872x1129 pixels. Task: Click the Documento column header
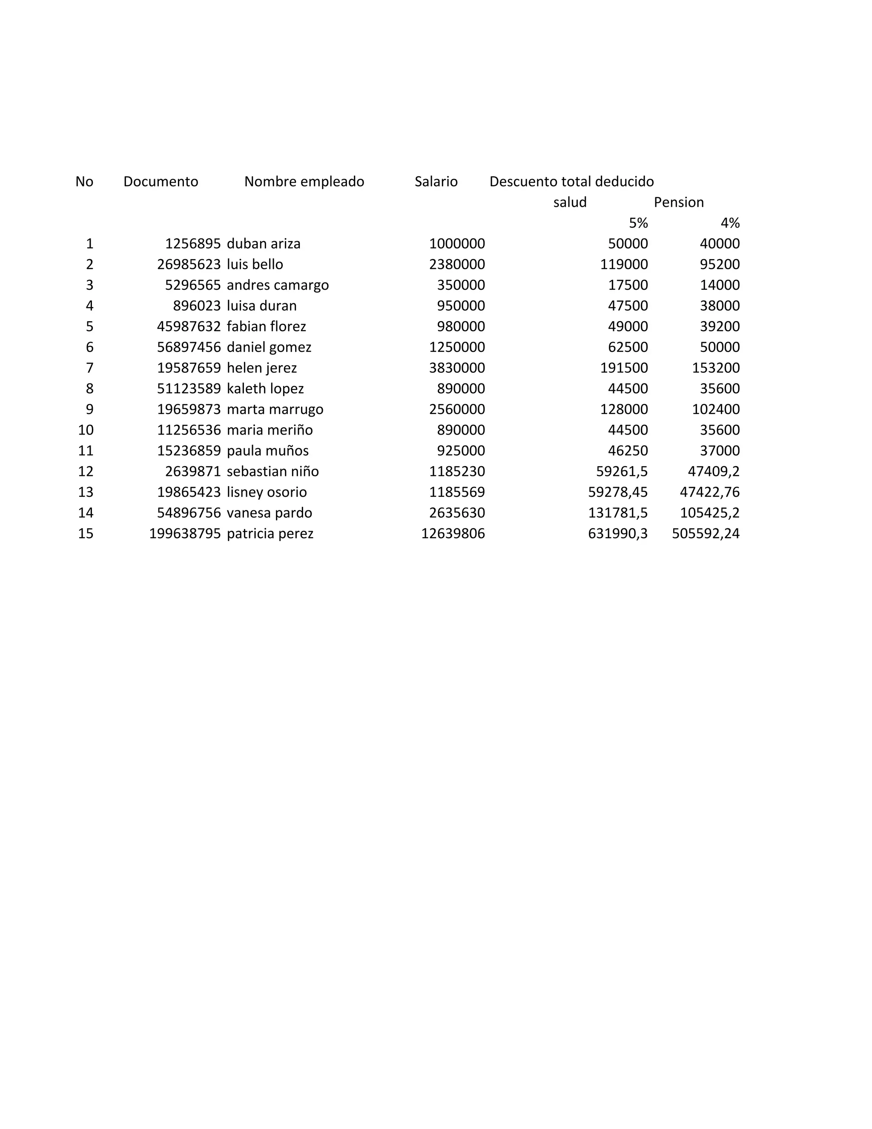click(161, 181)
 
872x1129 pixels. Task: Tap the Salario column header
click(436, 181)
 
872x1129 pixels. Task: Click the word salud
click(570, 202)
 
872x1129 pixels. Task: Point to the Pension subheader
click(678, 202)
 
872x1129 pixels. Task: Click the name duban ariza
click(264, 243)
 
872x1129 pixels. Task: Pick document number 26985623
click(189, 264)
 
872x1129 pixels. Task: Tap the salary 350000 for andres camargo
click(461, 285)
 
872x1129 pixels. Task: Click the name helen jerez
click(261, 368)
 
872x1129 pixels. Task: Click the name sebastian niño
click(273, 471)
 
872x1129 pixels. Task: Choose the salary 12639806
click(453, 533)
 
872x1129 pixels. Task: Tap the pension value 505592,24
click(706, 533)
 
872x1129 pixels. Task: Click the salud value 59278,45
click(618, 492)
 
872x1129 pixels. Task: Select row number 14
click(86, 512)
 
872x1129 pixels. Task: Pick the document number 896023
click(197, 305)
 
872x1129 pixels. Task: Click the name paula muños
click(267, 450)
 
